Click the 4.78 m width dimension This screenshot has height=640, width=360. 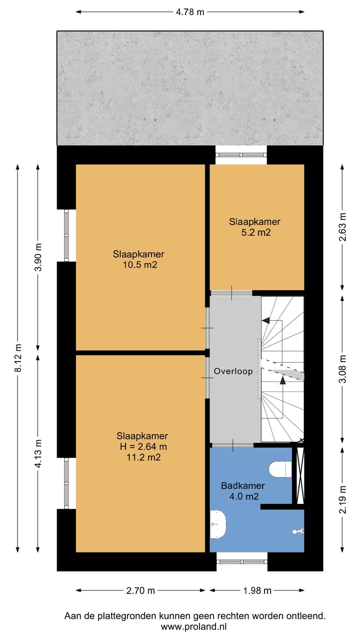pos(190,12)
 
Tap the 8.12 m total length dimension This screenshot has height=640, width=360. pos(18,357)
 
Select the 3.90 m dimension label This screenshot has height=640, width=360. pos(38,257)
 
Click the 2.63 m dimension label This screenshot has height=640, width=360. pos(342,227)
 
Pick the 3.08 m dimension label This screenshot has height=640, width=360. pos(342,368)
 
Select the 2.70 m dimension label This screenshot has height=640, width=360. pos(140,590)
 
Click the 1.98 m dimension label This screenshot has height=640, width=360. pos(257,590)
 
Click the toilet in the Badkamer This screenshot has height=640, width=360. pos(280,469)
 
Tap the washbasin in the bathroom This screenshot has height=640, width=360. pos(218,524)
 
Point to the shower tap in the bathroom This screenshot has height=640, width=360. pos(298,531)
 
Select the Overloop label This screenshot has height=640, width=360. pos(233,371)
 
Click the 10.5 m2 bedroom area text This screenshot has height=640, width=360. pos(140,265)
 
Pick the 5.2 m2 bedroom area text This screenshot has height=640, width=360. pos(256,232)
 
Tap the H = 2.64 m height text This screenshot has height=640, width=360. pos(143,446)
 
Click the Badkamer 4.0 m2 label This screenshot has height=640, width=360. pos(243,491)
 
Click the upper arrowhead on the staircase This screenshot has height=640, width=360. pos(266,320)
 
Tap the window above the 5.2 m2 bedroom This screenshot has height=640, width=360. pos(241,155)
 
